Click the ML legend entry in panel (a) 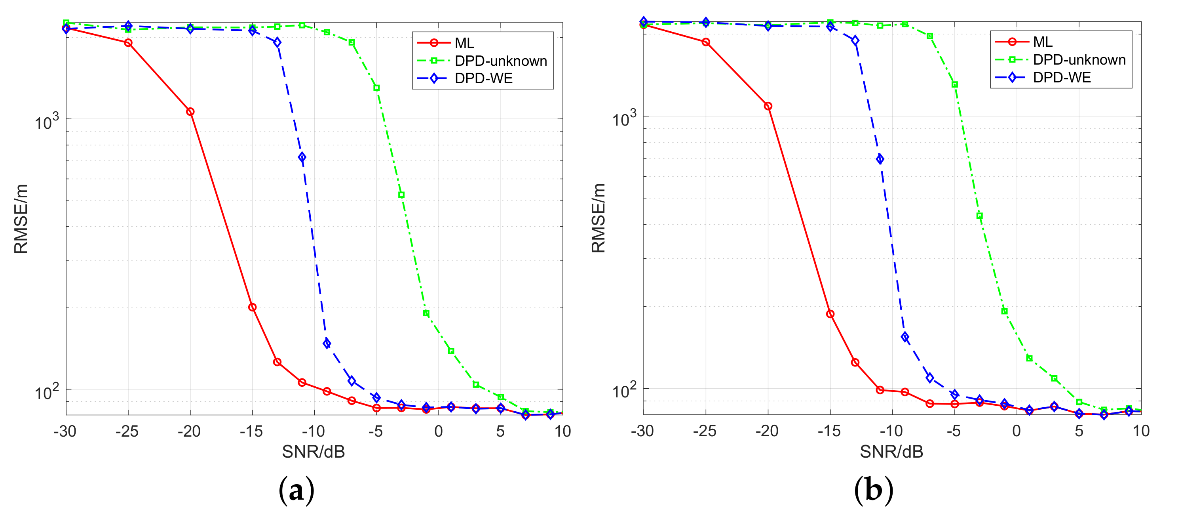pos(464,43)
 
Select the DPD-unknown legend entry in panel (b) pos(1079,60)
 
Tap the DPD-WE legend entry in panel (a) pos(483,78)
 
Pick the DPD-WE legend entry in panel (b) pos(1061,78)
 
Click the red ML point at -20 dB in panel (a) pos(190,111)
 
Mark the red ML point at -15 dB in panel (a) pos(252,307)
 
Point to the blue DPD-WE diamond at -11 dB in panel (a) pos(302,157)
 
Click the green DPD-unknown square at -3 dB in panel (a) pos(401,195)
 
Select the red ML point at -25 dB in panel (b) pos(706,42)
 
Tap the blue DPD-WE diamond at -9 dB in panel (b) pos(905,337)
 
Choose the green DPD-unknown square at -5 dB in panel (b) pos(955,84)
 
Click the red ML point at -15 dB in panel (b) pos(830,314)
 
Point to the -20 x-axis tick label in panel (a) pos(189,431)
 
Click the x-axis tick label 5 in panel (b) pos(1079,431)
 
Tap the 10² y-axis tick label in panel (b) pos(624,391)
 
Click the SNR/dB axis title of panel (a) pos(314,452)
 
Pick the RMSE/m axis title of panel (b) pos(598,218)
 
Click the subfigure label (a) pos(296,491)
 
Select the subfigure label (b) pos(874,491)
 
